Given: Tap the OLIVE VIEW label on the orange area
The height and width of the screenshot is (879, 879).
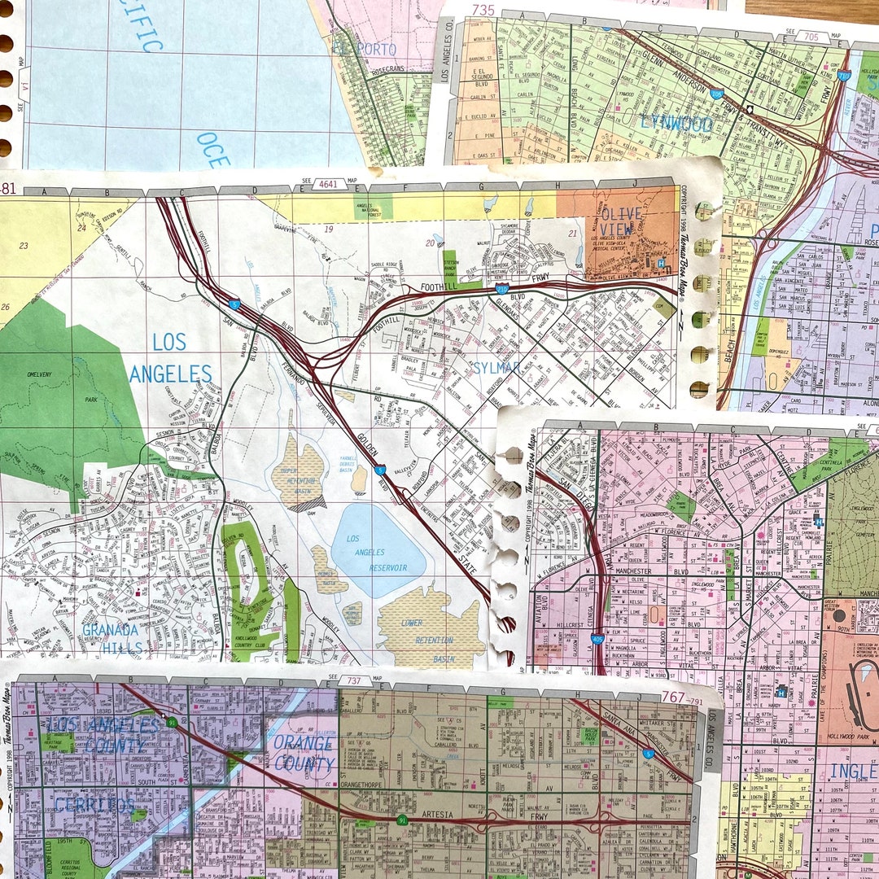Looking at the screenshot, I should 622,222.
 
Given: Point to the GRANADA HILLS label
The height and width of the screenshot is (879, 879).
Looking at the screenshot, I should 112,639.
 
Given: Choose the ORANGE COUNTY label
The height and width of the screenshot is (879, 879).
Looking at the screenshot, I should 303,753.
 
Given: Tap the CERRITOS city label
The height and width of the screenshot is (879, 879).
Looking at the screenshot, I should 94,805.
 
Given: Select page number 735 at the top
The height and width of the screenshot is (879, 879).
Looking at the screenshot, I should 483,10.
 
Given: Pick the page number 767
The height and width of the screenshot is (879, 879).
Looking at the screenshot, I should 672,697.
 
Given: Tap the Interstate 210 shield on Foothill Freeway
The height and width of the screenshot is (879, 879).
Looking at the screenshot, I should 502,288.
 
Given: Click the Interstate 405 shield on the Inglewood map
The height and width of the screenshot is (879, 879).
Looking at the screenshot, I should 597,641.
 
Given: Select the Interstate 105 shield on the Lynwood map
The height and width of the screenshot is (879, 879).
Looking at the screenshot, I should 715,94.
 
